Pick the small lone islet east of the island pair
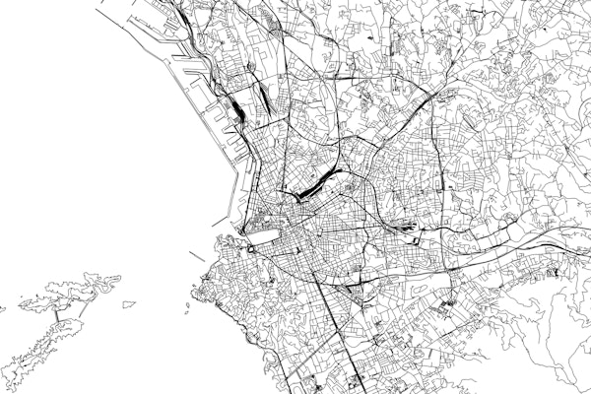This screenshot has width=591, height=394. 124,304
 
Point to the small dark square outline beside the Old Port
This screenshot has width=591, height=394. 249,250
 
